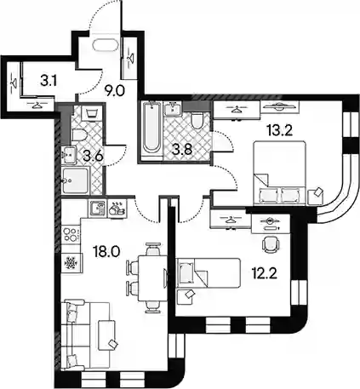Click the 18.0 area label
[x=106, y=252]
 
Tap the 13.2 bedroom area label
[x=279, y=130]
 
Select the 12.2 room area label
[x=264, y=273]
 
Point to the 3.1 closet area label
[x=49, y=82]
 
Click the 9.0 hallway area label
[x=115, y=91]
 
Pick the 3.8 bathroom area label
[x=183, y=150]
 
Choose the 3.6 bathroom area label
[x=93, y=156]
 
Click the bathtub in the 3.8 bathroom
[x=151, y=131]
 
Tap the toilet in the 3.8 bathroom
[x=197, y=121]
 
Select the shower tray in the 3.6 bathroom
[x=76, y=180]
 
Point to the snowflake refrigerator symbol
[x=71, y=263]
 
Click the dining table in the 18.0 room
[x=151, y=278]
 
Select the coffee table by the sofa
[x=107, y=335]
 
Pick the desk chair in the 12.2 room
[x=271, y=243]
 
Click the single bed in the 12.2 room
[x=209, y=272]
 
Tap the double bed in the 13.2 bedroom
[x=280, y=173]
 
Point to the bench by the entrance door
[x=105, y=45]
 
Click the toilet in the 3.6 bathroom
[x=79, y=134]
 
